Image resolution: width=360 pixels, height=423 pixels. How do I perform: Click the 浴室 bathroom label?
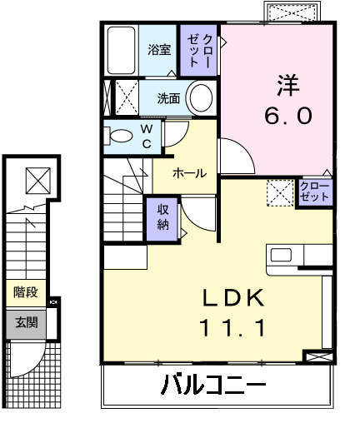[159, 49]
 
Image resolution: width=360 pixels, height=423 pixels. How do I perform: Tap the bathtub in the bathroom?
[122, 50]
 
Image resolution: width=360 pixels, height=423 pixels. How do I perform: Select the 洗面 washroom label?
[168, 97]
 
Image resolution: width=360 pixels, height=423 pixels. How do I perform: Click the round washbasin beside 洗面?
[200, 97]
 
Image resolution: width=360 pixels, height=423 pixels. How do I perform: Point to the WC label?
[145, 136]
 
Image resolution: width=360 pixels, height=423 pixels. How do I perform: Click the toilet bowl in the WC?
[120, 136]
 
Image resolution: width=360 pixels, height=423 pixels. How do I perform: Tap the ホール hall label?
[189, 173]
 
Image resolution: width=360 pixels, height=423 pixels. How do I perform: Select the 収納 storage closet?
[162, 216]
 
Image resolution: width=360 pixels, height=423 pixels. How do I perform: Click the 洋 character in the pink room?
[288, 82]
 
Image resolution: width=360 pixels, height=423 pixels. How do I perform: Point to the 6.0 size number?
[288, 116]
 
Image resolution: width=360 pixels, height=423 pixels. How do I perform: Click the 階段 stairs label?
[25, 292]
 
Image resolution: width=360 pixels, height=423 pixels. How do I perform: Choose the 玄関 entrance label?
[25, 322]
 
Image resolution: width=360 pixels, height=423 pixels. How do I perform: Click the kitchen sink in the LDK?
[279, 254]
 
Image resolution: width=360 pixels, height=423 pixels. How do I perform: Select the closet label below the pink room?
[313, 192]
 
